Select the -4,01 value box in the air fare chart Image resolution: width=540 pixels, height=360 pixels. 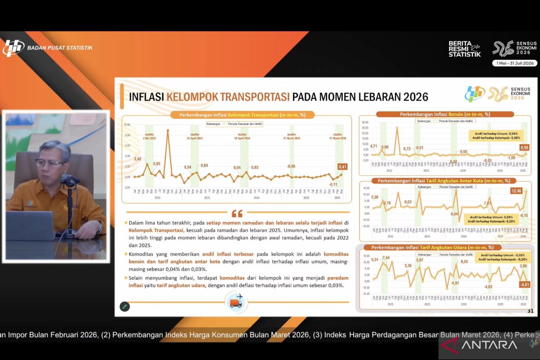coord(524,285)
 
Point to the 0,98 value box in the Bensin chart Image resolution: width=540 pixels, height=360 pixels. coord(524,148)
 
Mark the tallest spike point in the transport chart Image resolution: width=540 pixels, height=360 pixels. coord(168,130)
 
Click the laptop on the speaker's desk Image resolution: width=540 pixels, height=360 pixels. coord(31,226)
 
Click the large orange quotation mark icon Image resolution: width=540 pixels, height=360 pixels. coord(237,213)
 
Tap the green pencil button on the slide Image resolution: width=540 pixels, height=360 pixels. coord(125,306)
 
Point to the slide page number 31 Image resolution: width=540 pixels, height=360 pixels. coord(530,311)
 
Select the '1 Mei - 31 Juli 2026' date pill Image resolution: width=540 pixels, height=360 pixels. coord(514,63)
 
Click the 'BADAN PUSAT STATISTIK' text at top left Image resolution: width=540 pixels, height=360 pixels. coord(59,47)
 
